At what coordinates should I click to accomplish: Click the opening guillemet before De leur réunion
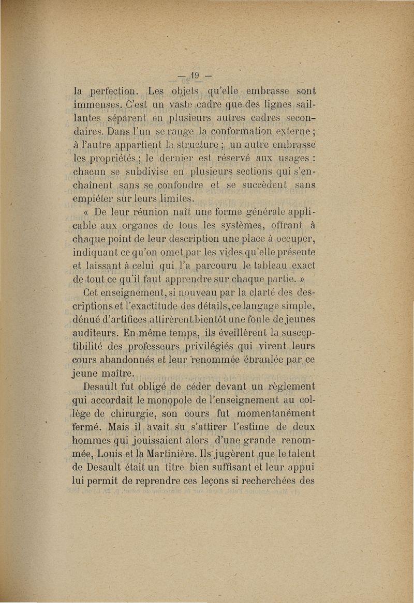pos(86,212)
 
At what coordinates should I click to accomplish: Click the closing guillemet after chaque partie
pos(302,280)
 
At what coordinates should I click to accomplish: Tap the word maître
pos(118,373)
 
